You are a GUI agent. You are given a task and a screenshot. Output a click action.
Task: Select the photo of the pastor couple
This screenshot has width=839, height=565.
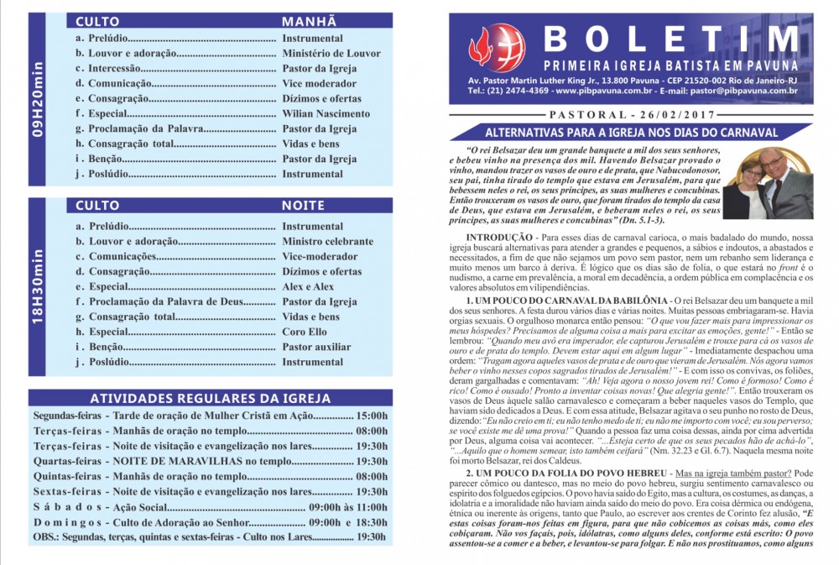click(767, 183)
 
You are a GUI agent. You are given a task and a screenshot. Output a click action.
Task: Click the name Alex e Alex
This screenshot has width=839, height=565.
click(308, 287)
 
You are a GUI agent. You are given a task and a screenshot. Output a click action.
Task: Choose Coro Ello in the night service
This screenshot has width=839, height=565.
click(306, 332)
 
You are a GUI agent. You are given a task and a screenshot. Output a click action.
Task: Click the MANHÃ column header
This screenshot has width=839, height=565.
click(309, 21)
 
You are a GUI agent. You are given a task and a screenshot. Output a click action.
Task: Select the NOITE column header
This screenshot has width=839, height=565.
click(304, 205)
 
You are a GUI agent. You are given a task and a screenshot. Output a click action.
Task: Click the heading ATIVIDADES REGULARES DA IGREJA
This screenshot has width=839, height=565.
click(210, 399)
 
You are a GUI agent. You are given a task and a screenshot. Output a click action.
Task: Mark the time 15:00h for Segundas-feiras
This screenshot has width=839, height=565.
click(371, 416)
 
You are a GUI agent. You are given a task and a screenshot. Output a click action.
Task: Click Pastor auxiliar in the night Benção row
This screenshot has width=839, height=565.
click(316, 348)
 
